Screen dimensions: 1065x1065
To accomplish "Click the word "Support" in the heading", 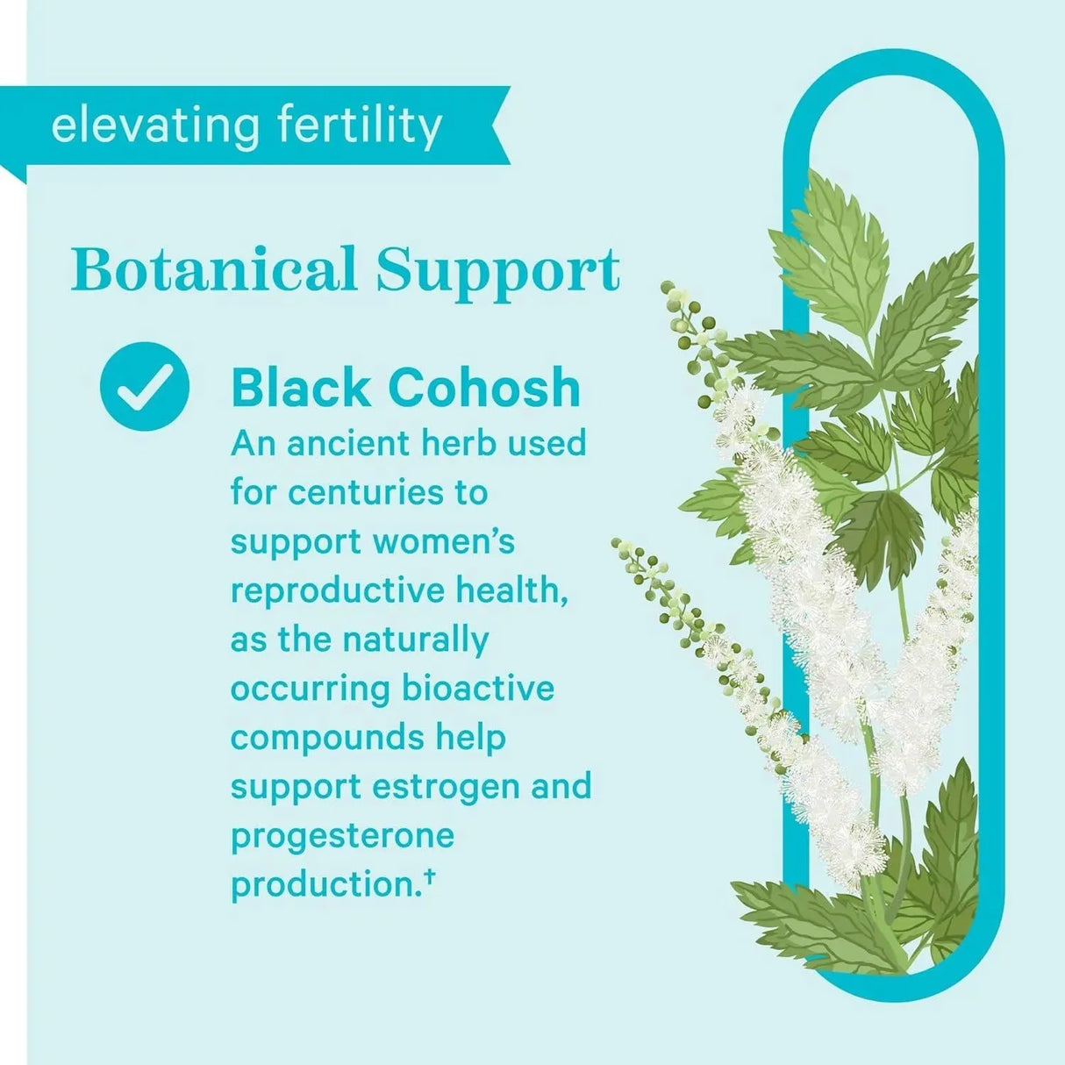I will pyautogui.click(x=498, y=271).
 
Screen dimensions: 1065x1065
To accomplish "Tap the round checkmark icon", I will pyautogui.click(x=145, y=386).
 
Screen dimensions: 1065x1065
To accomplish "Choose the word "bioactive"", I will pyautogui.click(x=478, y=688).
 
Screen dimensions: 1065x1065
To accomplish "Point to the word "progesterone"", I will pyautogui.click(x=342, y=835).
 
